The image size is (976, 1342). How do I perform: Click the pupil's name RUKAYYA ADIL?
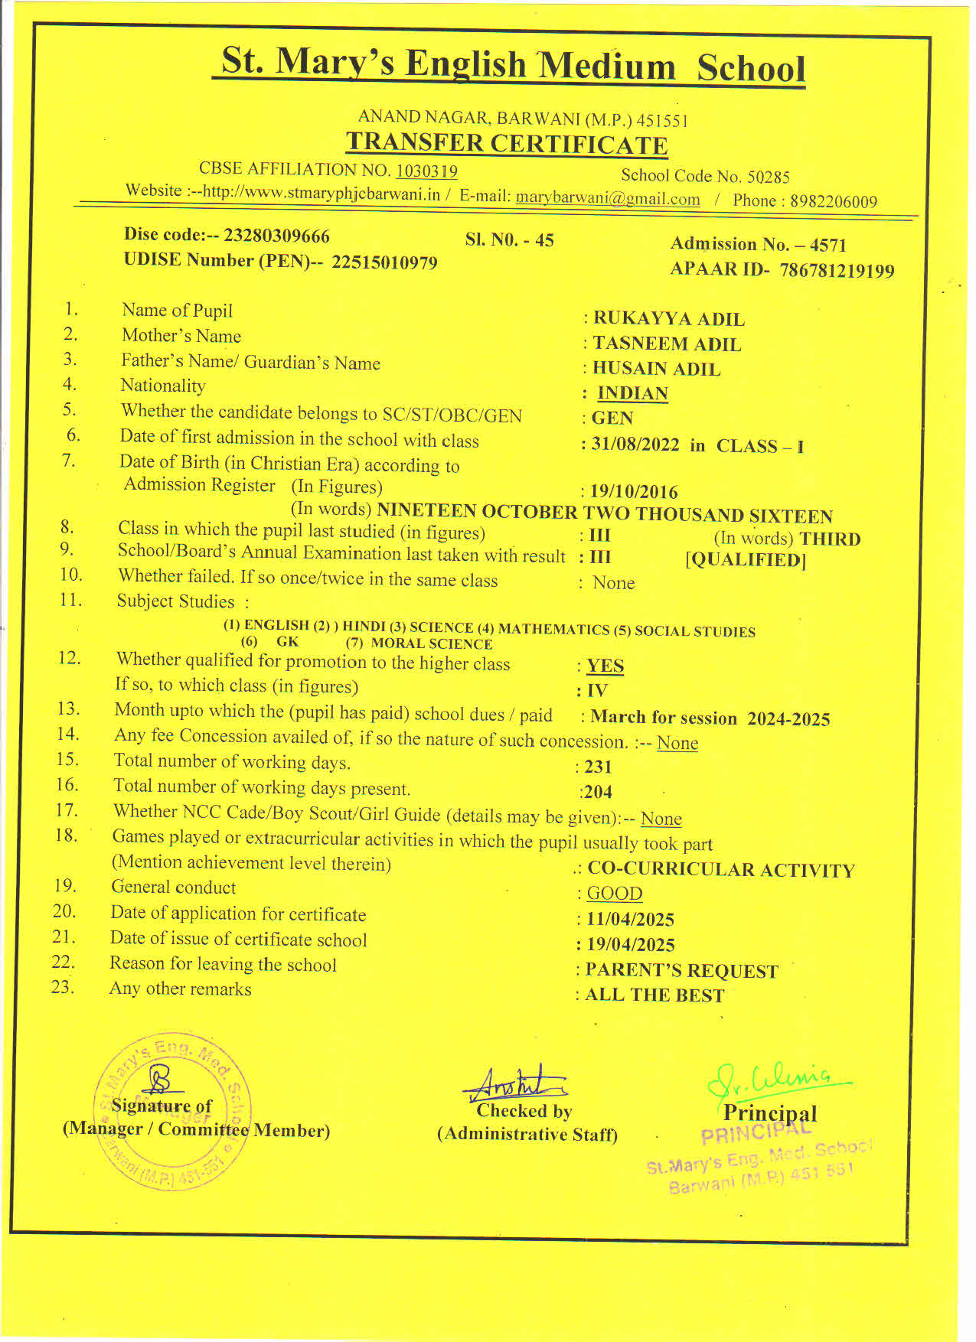click(668, 319)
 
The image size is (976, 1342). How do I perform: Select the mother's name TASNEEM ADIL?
click(667, 344)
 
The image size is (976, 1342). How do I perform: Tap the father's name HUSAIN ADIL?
click(656, 369)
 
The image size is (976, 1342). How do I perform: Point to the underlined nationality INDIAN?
click(632, 393)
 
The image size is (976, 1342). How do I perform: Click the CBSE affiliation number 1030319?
click(426, 171)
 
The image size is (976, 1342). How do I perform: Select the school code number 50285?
click(768, 178)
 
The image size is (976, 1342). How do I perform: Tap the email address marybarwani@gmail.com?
click(608, 199)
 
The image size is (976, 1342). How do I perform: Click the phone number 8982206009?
click(833, 202)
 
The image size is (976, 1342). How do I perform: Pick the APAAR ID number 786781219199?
click(837, 271)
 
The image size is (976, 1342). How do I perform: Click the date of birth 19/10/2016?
click(634, 492)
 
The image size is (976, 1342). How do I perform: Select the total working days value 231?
click(598, 767)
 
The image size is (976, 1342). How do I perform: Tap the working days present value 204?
click(598, 792)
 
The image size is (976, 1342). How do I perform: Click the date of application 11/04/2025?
click(630, 920)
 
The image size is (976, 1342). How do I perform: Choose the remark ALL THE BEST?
click(654, 995)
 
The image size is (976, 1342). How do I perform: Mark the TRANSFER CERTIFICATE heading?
click(507, 144)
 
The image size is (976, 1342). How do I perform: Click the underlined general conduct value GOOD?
click(614, 894)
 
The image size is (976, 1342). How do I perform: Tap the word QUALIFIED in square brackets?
click(745, 560)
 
